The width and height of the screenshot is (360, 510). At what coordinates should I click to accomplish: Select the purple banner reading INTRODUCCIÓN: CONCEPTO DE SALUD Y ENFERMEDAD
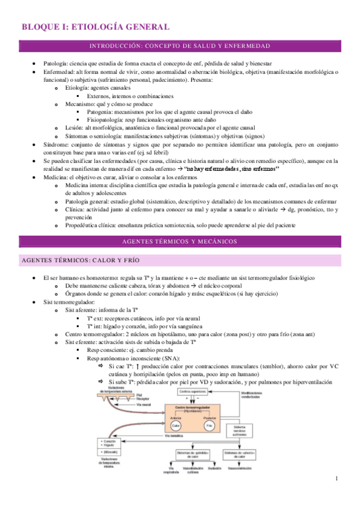coord(180,46)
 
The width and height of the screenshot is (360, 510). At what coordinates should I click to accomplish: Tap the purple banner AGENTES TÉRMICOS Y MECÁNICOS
coord(180,241)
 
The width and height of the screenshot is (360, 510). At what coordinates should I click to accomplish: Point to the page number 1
coord(338,478)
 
